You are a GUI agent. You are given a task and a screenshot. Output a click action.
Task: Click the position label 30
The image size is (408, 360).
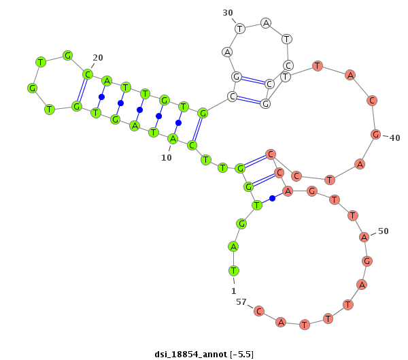(x=228, y=13)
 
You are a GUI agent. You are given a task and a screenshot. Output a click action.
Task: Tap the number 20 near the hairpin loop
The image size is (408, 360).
(x=98, y=58)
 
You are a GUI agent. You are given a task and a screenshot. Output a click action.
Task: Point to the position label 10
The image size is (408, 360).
(x=167, y=158)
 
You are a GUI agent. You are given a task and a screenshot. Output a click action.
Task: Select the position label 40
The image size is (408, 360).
(x=394, y=137)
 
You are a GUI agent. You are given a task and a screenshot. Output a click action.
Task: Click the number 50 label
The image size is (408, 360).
(x=384, y=231)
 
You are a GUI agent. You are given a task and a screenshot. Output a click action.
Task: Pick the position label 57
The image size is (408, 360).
(x=241, y=301)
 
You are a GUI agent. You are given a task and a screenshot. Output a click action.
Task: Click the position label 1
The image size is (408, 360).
(x=234, y=291)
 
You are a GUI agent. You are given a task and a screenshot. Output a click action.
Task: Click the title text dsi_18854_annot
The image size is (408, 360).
(x=190, y=355)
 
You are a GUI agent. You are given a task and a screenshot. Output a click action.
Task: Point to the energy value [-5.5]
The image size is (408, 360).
(x=241, y=355)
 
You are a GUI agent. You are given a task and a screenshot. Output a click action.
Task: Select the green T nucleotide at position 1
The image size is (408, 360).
(x=234, y=271)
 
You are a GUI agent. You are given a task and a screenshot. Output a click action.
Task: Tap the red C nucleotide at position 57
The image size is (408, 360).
(x=259, y=311)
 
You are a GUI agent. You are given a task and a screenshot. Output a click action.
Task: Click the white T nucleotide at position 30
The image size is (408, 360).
(x=240, y=29)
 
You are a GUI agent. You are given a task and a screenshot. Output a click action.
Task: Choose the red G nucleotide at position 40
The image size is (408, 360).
(x=376, y=135)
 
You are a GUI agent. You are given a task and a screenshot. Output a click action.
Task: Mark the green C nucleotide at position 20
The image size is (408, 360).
(x=88, y=74)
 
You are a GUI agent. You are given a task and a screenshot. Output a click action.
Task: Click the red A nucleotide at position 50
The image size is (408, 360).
(x=364, y=237)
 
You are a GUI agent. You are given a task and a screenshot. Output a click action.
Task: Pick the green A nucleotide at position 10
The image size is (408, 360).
(x=173, y=139)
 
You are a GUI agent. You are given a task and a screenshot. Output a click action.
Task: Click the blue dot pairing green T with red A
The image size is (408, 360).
(x=272, y=198)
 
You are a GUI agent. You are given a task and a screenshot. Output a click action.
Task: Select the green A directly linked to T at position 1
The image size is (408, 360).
(x=233, y=246)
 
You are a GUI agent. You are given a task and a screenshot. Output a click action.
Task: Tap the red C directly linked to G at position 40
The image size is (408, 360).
(x=372, y=100)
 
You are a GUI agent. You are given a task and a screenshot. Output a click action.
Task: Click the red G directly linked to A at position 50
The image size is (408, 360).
(x=367, y=261)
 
